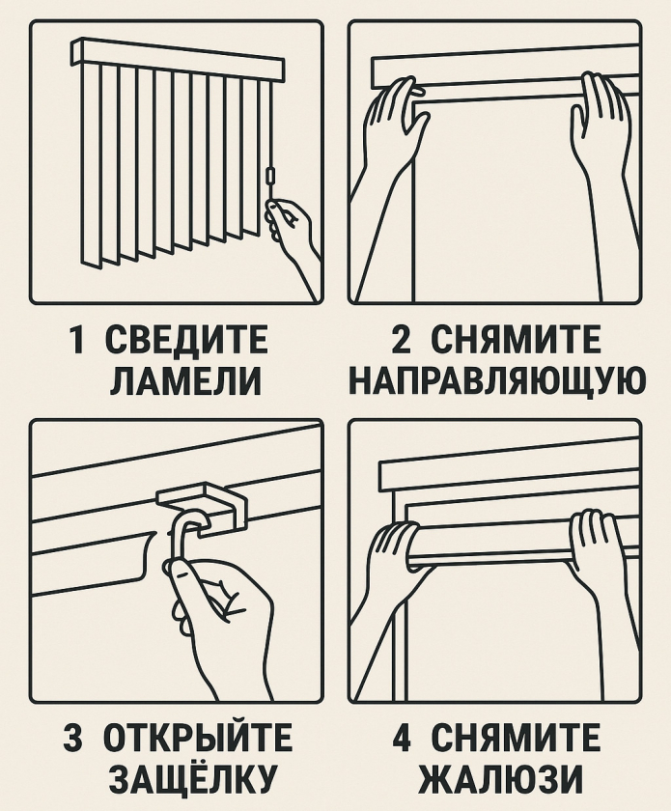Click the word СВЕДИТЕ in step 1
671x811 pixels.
(x=184, y=341)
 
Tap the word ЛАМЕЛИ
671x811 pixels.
(x=184, y=381)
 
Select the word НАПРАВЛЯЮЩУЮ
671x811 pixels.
(x=496, y=381)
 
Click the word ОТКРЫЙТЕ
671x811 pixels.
(x=198, y=739)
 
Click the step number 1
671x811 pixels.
(x=76, y=341)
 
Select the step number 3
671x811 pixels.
(x=74, y=739)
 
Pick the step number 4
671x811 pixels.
(x=404, y=739)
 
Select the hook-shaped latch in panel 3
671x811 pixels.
(x=183, y=536)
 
